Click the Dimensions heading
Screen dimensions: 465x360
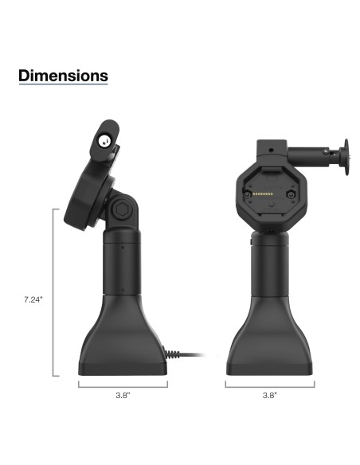pyautogui.click(x=63, y=76)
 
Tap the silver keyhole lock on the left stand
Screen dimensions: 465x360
pyautogui.click(x=104, y=142)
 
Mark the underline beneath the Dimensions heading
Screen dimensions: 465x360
pyautogui.click(x=63, y=86)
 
